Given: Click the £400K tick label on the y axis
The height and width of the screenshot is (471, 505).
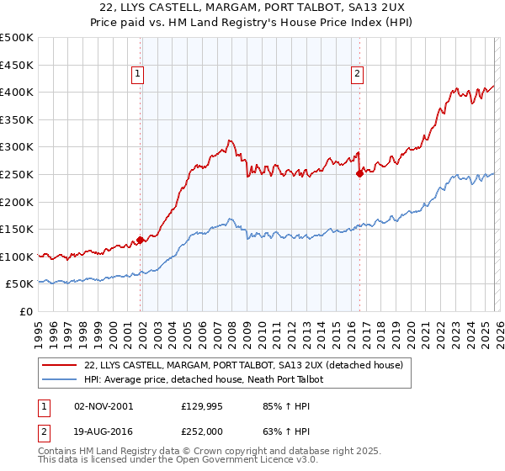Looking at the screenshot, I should tap(17, 92).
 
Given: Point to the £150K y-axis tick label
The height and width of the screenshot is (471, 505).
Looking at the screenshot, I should tap(17, 229).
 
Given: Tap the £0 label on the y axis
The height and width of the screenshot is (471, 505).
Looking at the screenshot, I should tap(26, 311).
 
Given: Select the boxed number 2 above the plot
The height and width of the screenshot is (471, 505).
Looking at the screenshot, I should tap(358, 74).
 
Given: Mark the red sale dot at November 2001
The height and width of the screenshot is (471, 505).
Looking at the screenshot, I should tap(140, 240).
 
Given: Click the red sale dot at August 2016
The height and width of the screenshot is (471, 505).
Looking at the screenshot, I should tap(359, 173).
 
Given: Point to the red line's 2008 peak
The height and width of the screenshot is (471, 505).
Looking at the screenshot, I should tap(228, 141).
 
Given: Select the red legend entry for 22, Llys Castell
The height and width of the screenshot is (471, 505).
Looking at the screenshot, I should tap(244, 365).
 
